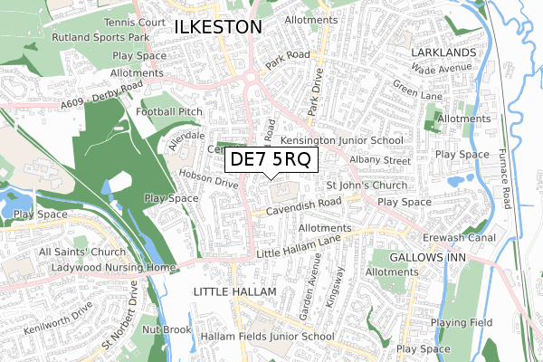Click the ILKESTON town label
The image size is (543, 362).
(x=217, y=28)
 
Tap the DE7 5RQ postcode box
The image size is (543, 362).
(x=271, y=159)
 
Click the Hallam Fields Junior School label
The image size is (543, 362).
(x=268, y=336)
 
